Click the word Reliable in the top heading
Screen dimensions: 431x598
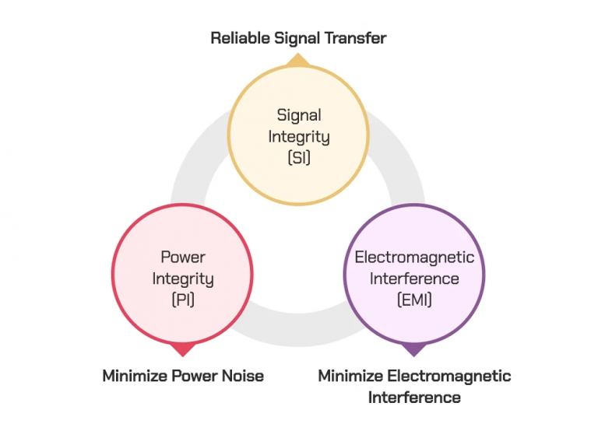click(x=237, y=37)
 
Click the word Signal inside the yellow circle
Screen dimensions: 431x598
click(x=299, y=115)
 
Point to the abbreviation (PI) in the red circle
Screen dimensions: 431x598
click(x=182, y=299)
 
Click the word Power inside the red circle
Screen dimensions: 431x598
click(x=182, y=257)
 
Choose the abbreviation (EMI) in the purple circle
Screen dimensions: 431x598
click(x=414, y=299)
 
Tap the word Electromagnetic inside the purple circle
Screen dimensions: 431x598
click(x=414, y=257)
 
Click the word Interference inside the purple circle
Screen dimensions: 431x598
click(x=414, y=278)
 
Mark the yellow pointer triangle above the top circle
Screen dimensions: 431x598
click(x=299, y=60)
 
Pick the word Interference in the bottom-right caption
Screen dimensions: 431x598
click(x=414, y=398)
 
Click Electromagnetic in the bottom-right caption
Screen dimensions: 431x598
click(x=452, y=376)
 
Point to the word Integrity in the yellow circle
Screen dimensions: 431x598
click(x=299, y=136)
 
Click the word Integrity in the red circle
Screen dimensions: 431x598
click(x=182, y=278)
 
